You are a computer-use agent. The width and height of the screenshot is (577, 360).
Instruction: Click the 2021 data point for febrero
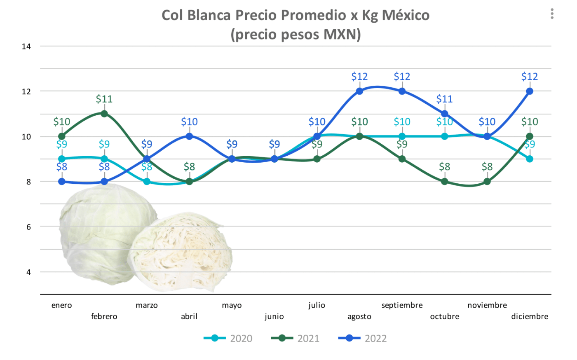pyautogui.click(x=104, y=114)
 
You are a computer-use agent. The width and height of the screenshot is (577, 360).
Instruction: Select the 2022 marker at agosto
pyautogui.click(x=359, y=91)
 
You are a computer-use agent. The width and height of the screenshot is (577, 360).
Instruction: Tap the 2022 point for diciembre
pyautogui.click(x=530, y=91)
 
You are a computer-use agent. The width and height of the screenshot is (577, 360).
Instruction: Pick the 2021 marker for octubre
pyautogui.click(x=445, y=181)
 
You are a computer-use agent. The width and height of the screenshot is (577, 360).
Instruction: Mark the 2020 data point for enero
pyautogui.click(x=62, y=159)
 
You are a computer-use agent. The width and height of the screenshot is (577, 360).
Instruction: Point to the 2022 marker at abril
pyautogui.click(x=189, y=136)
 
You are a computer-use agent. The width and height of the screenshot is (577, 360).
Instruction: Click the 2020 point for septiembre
pyautogui.click(x=402, y=136)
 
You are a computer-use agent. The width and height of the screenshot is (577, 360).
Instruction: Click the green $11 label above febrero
pyautogui.click(x=104, y=99)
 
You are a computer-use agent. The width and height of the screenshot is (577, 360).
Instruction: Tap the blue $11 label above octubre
pyautogui.click(x=444, y=99)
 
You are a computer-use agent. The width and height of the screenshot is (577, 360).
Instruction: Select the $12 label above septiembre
pyautogui.click(x=402, y=76)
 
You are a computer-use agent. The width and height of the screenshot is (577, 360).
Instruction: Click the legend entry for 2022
pyautogui.click(x=362, y=339)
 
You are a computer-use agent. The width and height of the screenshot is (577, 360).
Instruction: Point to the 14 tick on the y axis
pyautogui.click(x=26, y=47)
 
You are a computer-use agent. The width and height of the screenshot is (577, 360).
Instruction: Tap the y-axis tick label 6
pyautogui.click(x=28, y=227)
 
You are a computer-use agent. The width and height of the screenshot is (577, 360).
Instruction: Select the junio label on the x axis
pyautogui.click(x=274, y=316)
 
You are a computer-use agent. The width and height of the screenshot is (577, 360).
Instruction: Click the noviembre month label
pyautogui.click(x=487, y=305)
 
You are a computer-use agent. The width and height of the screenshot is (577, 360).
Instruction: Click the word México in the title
pyautogui.click(x=406, y=15)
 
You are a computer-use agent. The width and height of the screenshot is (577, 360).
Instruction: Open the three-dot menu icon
pyautogui.click(x=552, y=14)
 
